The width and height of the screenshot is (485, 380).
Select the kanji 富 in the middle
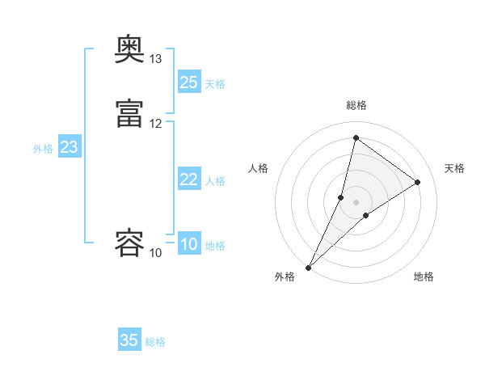point(129,112)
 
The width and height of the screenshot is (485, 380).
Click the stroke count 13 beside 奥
point(156,59)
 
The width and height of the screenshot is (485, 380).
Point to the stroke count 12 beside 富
point(156,123)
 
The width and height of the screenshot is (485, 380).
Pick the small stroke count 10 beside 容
point(156,253)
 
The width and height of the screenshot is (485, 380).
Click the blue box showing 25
point(189,82)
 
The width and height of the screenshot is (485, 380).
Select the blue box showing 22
point(189,179)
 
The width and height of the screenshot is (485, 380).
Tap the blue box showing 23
point(70,147)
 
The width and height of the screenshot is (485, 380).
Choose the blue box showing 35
point(129,340)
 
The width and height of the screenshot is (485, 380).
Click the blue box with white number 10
point(189,244)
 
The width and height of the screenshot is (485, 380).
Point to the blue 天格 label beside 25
point(215,84)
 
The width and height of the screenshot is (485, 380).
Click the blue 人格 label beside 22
point(215,181)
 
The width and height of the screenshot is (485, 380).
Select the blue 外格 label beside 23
point(43,149)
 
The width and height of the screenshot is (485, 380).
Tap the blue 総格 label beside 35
point(155,342)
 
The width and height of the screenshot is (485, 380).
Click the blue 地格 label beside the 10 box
point(215,246)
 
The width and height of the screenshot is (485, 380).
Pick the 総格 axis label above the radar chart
point(356,105)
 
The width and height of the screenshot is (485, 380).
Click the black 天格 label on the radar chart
point(454,168)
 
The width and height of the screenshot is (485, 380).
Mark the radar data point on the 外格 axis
point(309,267)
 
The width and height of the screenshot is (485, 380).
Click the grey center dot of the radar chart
point(356,201)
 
